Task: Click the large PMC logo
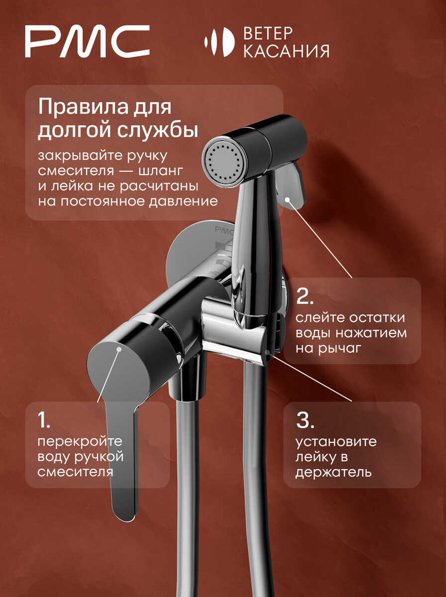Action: click(x=87, y=41)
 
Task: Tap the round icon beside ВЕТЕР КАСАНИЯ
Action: click(x=219, y=42)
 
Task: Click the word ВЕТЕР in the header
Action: click(x=268, y=33)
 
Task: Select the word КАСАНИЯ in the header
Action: click(x=286, y=51)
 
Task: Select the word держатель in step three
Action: click(x=334, y=473)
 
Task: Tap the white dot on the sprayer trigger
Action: click(x=287, y=199)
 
